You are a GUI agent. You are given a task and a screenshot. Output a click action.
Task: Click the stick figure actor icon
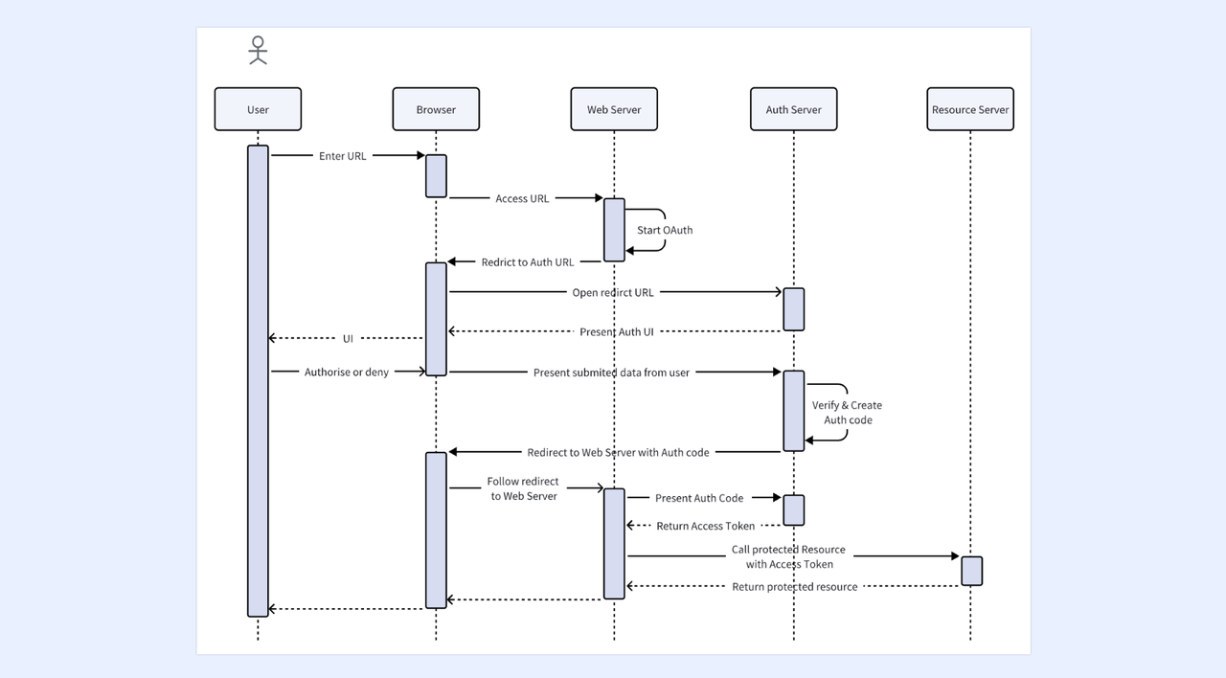258,51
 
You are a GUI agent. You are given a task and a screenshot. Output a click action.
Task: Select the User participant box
258,109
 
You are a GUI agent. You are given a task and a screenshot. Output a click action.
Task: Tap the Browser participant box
436,109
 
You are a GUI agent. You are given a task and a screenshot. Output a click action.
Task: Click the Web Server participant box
614,109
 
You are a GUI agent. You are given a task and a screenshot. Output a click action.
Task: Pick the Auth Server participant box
794,109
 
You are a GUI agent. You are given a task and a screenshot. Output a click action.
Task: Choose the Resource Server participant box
970,109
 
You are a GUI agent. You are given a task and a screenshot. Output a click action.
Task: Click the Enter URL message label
343,156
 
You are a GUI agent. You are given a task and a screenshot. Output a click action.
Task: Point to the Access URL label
522,198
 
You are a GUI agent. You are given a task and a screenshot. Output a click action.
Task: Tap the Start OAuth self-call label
665,230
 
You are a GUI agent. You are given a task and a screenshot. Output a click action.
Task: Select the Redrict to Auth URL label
528,262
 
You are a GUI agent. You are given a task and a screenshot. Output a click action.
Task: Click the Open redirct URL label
613,293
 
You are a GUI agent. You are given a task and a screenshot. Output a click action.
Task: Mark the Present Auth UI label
617,331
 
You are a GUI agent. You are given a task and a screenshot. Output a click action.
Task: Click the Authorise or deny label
347,373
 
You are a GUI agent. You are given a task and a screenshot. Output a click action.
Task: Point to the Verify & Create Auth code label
848,413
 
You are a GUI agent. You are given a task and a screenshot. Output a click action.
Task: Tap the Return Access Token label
706,526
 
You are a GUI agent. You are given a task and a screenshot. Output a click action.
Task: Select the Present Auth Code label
699,498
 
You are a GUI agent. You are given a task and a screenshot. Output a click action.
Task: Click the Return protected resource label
795,587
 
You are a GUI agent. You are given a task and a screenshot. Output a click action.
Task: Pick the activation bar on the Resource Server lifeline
971,571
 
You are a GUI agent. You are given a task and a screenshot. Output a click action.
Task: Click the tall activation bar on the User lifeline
258,381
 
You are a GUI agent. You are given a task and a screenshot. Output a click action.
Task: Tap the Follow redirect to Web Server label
523,488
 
